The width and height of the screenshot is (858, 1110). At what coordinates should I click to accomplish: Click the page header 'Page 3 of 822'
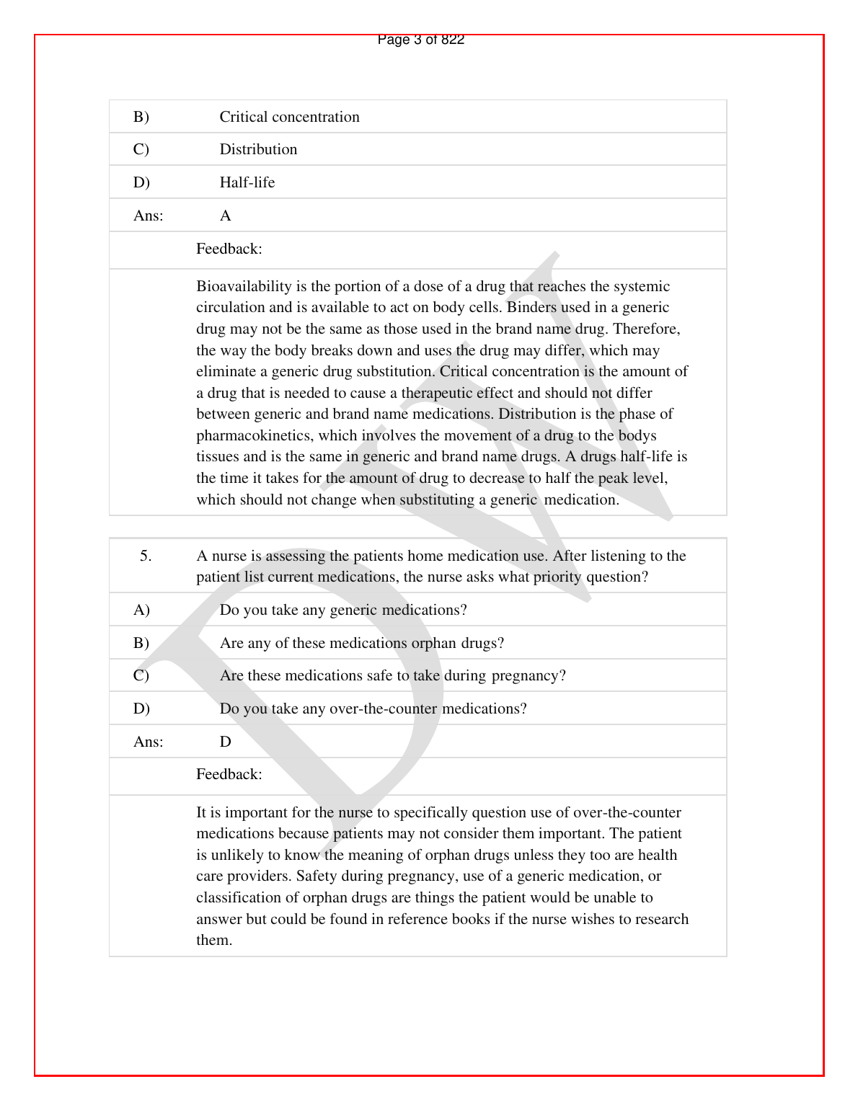[x=421, y=40]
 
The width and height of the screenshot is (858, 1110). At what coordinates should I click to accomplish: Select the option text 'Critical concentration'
[x=289, y=117]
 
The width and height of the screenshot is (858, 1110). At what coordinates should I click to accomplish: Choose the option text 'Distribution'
[x=258, y=149]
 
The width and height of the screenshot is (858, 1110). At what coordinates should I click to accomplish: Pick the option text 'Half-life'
[x=247, y=182]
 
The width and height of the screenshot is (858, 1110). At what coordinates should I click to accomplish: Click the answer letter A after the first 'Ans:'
[x=226, y=216]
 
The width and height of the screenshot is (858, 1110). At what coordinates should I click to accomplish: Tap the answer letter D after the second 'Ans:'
[x=226, y=742]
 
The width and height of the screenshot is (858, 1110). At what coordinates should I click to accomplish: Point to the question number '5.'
[x=146, y=556]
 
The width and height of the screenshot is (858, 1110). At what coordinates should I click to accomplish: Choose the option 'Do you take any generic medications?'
[x=343, y=610]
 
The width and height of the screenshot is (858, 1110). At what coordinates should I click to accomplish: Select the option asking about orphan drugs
[x=362, y=643]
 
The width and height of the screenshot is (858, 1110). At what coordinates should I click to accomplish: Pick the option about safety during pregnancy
[x=393, y=676]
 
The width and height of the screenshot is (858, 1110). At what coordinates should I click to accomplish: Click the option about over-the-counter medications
[x=373, y=709]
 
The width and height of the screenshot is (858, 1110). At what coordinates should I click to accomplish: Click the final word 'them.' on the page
[x=214, y=941]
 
